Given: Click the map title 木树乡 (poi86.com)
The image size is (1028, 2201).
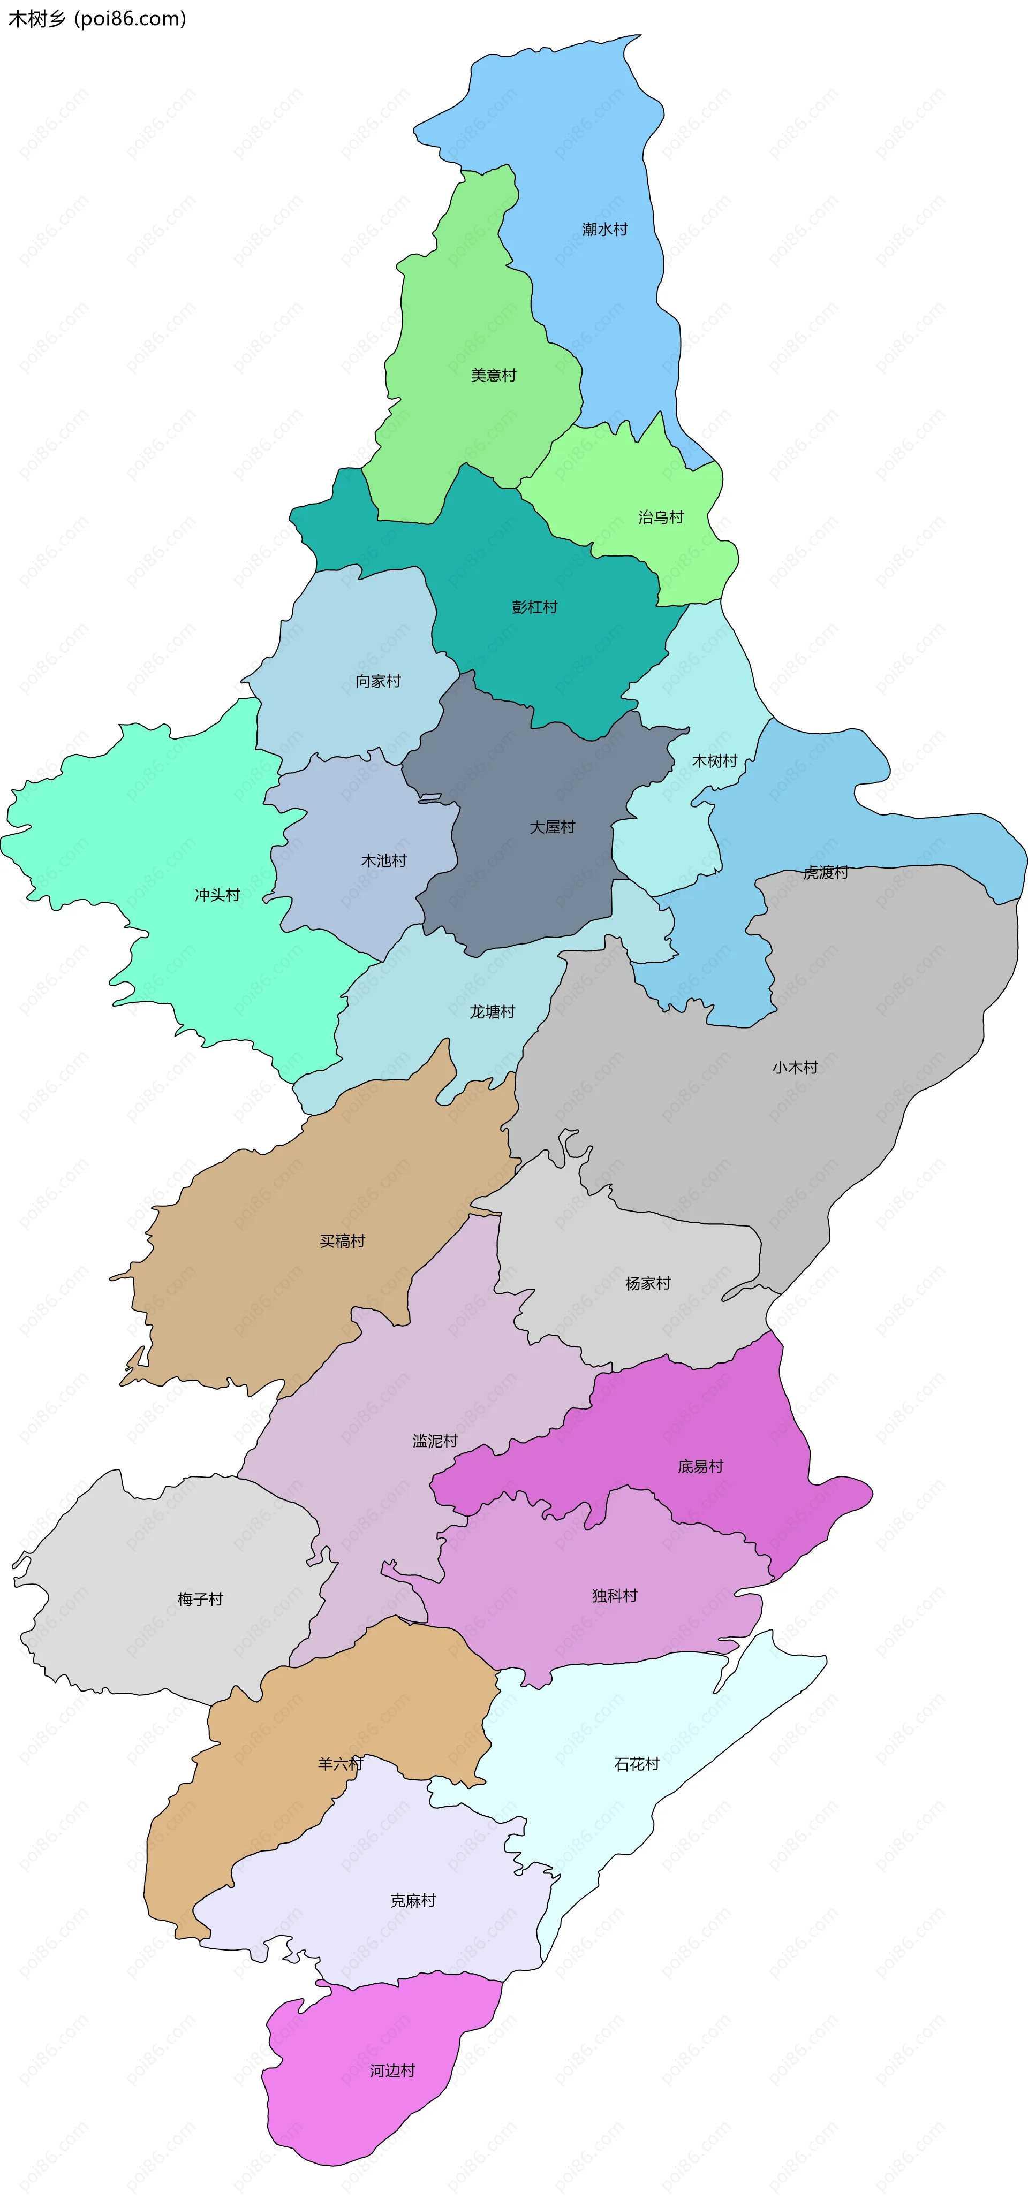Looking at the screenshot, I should click(x=96, y=19).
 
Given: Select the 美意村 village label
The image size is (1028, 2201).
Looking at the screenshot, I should click(x=493, y=375).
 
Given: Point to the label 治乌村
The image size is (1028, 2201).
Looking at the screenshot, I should click(x=661, y=517).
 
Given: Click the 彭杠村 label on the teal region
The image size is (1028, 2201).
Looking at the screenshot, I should click(x=534, y=607).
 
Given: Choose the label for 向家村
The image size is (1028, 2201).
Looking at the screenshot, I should click(x=377, y=681).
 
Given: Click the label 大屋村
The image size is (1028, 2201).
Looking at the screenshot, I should click(x=552, y=827).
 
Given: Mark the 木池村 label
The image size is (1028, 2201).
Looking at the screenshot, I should click(x=384, y=860).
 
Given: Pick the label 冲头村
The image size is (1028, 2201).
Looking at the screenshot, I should click(x=217, y=895).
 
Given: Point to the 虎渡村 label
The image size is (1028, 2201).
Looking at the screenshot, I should click(x=826, y=872).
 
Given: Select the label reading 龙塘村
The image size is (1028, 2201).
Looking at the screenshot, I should click(x=492, y=1011).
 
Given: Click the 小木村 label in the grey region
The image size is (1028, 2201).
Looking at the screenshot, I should click(x=795, y=1067).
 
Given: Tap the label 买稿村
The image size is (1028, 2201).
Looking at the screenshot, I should click(x=342, y=1240).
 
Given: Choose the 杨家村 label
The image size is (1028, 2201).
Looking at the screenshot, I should click(x=648, y=1283).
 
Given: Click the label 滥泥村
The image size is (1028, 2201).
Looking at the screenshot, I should click(x=435, y=1441).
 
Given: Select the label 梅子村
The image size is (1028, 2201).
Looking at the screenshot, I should click(x=200, y=1598).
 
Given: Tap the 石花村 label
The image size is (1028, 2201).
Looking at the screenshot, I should click(x=637, y=1764).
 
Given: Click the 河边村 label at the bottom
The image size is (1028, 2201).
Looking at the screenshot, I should click(x=392, y=2070).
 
